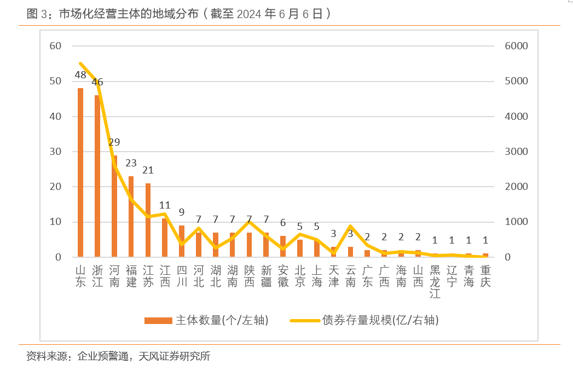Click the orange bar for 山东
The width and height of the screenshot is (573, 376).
(x=80, y=172)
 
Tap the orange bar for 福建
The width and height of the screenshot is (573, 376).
(x=131, y=217)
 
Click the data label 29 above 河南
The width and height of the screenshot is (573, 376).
(x=114, y=142)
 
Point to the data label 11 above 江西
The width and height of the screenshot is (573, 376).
(x=165, y=206)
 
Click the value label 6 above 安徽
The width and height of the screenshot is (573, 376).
(x=283, y=223)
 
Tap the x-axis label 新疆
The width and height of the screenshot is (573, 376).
(x=266, y=276)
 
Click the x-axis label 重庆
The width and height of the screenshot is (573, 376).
(x=485, y=276)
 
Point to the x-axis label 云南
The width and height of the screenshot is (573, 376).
(x=350, y=276)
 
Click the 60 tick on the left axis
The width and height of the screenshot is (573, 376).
(x=55, y=46)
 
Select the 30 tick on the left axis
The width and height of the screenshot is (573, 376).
(x=55, y=152)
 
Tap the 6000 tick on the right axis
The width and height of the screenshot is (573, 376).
(x=516, y=46)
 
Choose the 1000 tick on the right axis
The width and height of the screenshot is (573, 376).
(x=516, y=222)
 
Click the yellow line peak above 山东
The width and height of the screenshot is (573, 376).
(x=80, y=63)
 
